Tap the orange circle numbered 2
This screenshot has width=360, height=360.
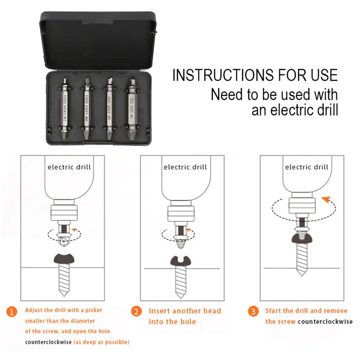135,311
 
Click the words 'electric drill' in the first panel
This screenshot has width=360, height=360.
69,167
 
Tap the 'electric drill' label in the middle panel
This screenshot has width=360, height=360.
185,167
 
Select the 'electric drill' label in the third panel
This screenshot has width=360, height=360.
306,167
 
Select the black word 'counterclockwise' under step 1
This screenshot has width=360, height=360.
48,342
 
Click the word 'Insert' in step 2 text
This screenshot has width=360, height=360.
160,311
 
